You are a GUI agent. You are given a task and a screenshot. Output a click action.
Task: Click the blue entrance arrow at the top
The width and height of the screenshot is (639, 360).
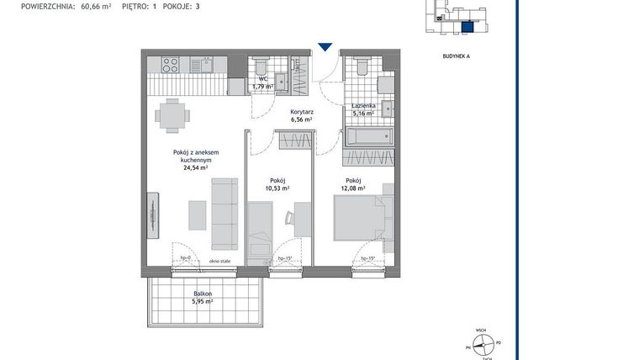325,48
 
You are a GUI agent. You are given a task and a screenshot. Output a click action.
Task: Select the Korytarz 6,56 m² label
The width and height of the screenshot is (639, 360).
301,116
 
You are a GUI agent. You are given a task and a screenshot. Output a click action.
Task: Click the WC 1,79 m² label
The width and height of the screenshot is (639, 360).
263,82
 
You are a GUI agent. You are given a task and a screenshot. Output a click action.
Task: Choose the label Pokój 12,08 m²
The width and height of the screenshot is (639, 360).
353,185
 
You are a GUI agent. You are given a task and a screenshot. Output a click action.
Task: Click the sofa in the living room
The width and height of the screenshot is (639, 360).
224,214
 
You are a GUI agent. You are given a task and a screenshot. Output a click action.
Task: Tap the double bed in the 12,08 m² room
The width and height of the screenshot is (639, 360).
362,216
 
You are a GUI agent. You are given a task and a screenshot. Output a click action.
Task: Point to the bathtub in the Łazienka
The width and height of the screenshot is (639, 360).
368,136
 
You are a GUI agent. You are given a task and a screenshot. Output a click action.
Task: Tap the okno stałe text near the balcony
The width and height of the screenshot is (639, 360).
220,262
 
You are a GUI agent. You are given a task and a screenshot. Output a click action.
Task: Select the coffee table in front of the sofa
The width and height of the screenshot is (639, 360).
198,214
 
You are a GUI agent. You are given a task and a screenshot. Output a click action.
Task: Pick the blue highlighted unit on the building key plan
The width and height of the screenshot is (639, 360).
467,26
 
